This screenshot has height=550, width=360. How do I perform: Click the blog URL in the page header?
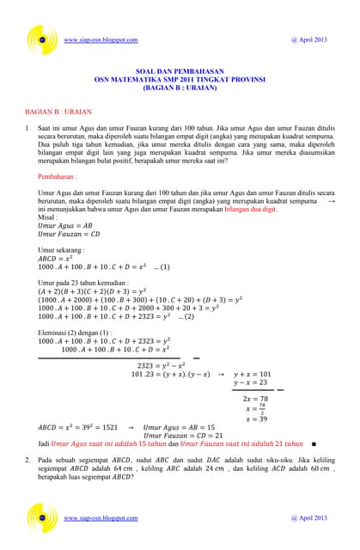click(x=101, y=40)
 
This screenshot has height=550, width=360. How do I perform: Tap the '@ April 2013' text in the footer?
click(x=309, y=518)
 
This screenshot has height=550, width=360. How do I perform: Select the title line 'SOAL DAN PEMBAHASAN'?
click(x=180, y=72)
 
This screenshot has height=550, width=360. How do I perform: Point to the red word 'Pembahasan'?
click(x=61, y=177)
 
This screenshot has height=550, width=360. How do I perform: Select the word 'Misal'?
click(x=47, y=217)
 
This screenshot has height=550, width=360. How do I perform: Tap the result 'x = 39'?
click(x=256, y=419)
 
